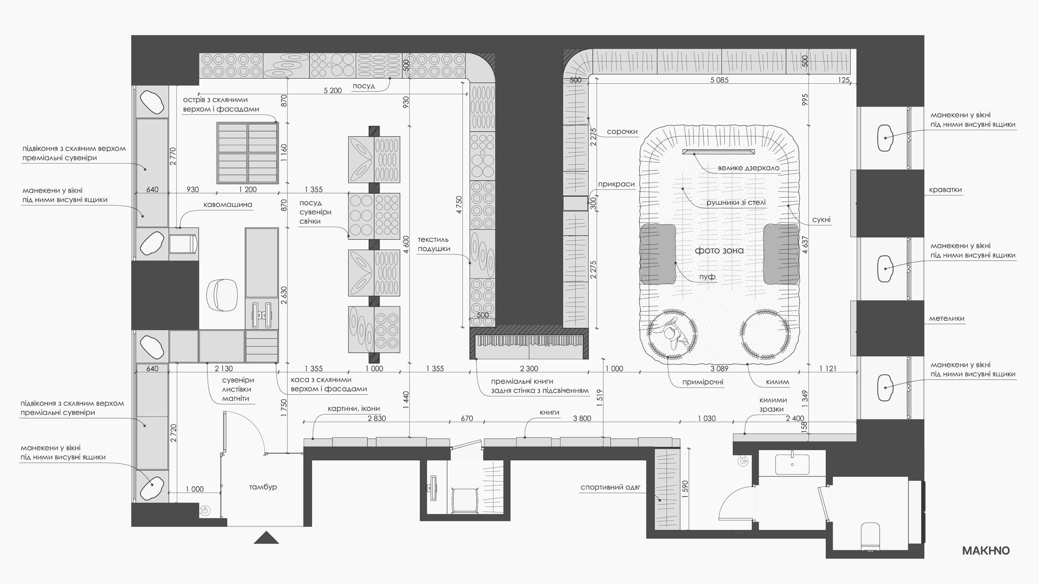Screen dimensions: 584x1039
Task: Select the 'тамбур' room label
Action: click(x=263, y=487)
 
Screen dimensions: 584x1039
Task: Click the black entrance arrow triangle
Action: click(x=266, y=538)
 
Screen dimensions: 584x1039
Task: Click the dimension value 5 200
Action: click(x=332, y=91)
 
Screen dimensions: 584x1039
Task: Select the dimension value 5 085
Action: click(x=719, y=80)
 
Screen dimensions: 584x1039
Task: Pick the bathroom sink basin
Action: click(x=792, y=465)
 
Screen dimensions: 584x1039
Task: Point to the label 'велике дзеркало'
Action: click(x=748, y=168)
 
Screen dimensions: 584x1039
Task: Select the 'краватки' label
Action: click(x=945, y=190)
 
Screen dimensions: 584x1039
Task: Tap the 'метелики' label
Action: click(x=947, y=318)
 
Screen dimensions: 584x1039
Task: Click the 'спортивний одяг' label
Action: click(x=610, y=487)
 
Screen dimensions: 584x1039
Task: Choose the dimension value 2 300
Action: click(x=529, y=368)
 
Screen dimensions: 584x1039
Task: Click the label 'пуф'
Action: click(x=707, y=277)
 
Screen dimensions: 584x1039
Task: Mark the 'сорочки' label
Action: click(x=622, y=132)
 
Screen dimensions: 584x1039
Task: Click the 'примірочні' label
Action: click(x=702, y=382)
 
